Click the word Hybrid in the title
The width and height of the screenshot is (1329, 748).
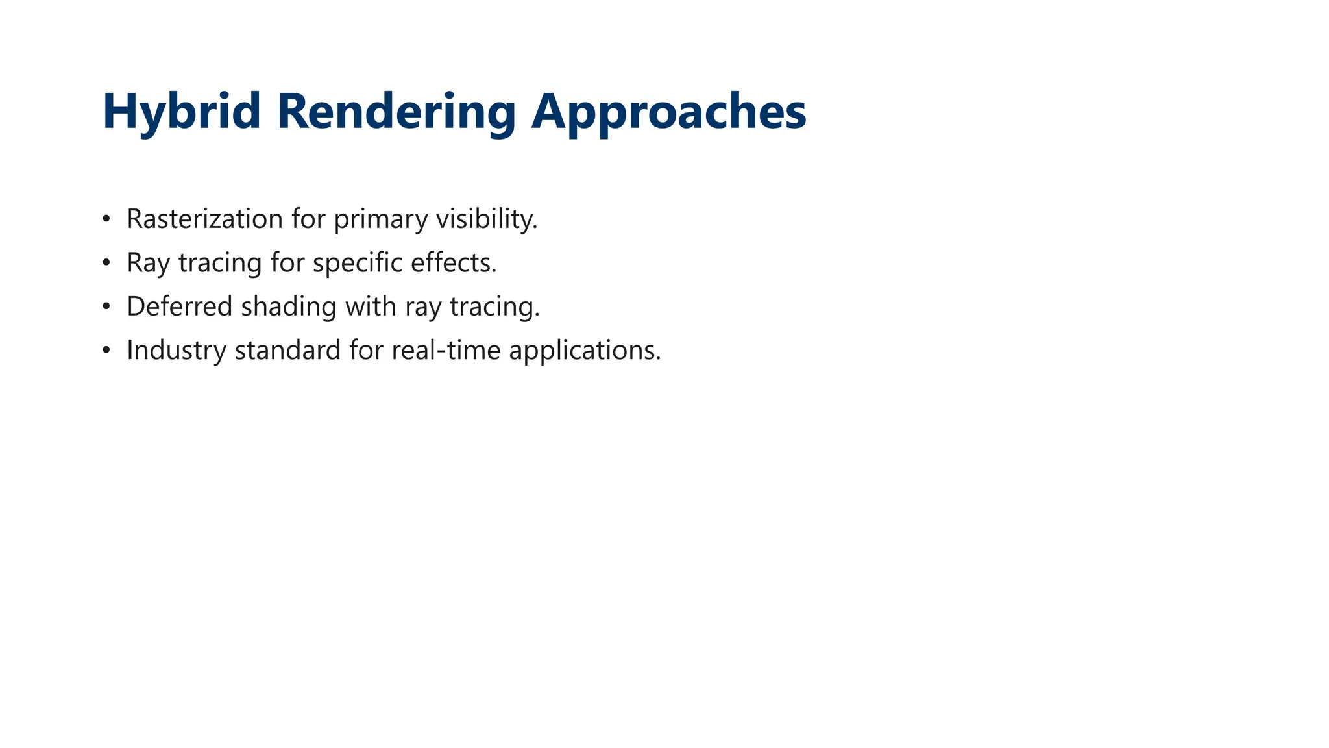click(181, 112)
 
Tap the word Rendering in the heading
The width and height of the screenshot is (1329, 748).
click(396, 112)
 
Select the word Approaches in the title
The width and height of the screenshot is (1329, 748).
click(668, 112)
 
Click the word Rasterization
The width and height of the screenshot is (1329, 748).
click(204, 219)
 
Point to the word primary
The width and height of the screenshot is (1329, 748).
click(380, 219)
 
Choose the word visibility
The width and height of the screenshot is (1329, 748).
click(486, 219)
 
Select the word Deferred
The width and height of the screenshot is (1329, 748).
click(179, 306)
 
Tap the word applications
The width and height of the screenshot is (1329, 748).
click(584, 350)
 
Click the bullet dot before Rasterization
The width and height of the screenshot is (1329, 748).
click(106, 219)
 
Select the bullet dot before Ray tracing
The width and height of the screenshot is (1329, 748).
click(106, 262)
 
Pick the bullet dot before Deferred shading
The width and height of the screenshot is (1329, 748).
click(106, 306)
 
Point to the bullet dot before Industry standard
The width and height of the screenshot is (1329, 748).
click(106, 350)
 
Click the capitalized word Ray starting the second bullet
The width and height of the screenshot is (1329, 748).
click(148, 262)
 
